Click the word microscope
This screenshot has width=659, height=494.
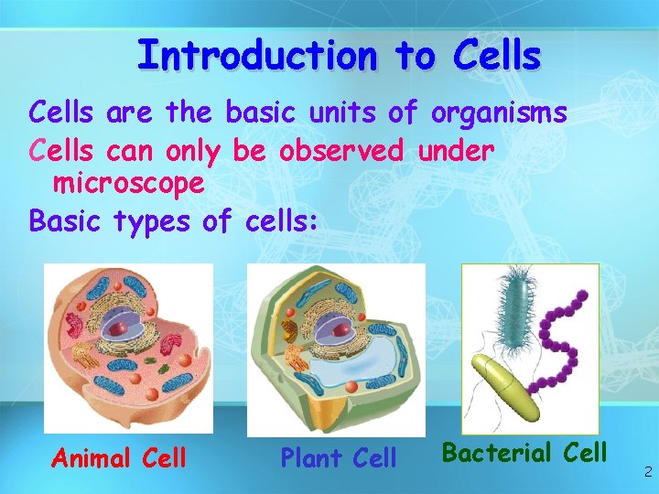(x=128, y=184)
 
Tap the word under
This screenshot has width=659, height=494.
(x=456, y=149)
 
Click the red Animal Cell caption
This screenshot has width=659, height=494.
(x=119, y=456)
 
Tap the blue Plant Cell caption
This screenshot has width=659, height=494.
(x=339, y=456)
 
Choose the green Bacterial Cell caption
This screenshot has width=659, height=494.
(x=524, y=452)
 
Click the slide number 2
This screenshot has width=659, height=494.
(x=647, y=472)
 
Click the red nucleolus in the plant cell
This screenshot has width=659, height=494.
(x=339, y=327)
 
